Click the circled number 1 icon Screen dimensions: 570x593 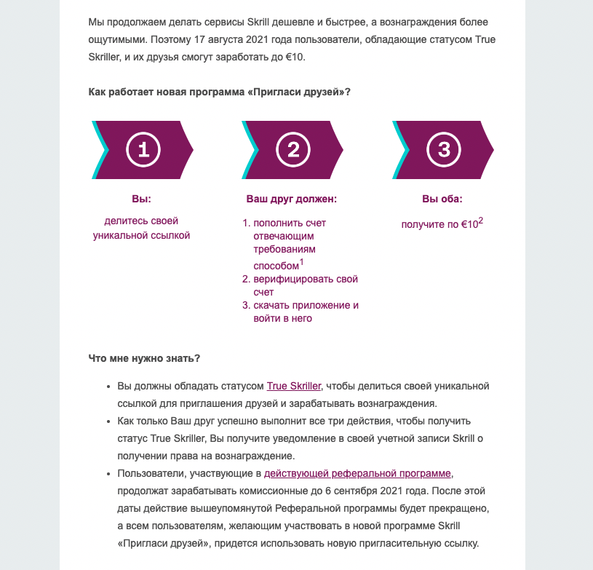point(143,150)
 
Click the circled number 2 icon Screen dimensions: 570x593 point(293,150)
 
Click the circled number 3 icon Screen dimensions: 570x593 point(443,150)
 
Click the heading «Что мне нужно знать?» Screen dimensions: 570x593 point(144,358)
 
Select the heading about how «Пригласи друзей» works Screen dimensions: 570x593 point(219,92)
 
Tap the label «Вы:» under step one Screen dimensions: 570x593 point(141,198)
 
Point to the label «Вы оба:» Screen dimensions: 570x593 point(442,198)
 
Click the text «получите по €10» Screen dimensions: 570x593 point(439,225)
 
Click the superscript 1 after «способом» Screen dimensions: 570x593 point(302,263)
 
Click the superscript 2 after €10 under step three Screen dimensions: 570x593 point(481,221)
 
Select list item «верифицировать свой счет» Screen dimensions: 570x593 point(306,285)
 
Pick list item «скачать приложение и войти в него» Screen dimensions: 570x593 point(306,312)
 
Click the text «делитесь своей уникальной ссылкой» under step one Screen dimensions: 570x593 point(141,228)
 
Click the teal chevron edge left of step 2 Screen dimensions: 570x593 point(250,150)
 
